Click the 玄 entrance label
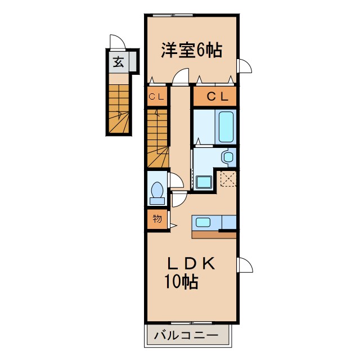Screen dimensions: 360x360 tap(119, 62)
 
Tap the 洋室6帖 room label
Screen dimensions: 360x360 tap(191, 51)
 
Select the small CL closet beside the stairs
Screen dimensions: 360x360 tap(157, 97)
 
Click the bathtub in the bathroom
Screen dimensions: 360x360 tap(226, 127)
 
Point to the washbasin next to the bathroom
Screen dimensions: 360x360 tap(228, 156)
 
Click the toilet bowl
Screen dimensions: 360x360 tap(156, 191)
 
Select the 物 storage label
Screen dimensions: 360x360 tap(157, 219)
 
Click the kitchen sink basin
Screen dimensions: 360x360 tap(202, 222)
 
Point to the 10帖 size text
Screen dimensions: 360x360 tap(181, 282)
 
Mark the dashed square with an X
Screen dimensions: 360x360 tap(228, 179)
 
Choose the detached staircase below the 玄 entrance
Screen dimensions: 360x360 tap(119, 108)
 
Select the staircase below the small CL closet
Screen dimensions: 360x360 tap(157, 138)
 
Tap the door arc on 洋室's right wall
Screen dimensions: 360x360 tap(244, 66)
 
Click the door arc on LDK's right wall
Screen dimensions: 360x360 tap(245, 264)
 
